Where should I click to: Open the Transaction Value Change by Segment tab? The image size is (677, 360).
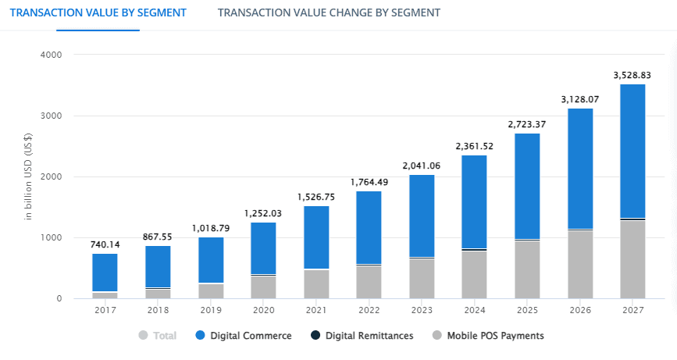click(329, 12)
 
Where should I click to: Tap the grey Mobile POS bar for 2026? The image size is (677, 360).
click(579, 265)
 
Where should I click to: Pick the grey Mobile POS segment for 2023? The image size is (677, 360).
click(422, 278)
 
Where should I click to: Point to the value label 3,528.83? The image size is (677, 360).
click(632, 75)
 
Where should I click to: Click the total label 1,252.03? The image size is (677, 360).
click(263, 213)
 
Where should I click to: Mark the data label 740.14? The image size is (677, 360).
click(105, 244)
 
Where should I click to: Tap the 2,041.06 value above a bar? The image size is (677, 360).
click(422, 166)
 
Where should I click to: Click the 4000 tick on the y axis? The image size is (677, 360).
click(52, 55)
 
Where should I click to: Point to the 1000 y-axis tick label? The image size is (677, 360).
click(52, 238)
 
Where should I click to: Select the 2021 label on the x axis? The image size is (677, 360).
click(316, 311)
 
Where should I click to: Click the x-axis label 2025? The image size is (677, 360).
click(527, 311)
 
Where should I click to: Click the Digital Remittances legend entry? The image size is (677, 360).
click(362, 336)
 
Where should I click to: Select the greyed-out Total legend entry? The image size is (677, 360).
click(158, 336)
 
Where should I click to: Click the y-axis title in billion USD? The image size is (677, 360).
click(28, 177)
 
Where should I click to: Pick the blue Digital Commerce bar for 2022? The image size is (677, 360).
click(369, 227)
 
